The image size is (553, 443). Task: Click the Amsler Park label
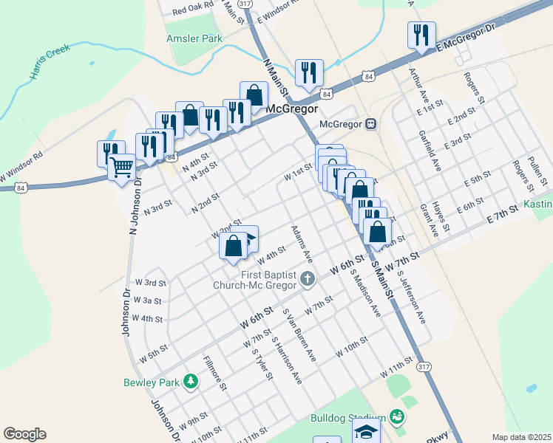point(194,38)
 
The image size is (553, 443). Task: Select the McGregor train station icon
point(371,124)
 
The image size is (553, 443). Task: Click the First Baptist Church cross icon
point(308,278)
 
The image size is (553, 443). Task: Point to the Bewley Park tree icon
point(191,381)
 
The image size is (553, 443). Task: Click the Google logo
point(24,434)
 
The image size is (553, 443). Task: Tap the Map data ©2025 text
point(521,437)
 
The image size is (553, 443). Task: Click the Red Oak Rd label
point(192,10)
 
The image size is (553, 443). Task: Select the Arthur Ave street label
point(419,85)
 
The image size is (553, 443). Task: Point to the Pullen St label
point(537,171)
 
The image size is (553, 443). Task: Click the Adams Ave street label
point(302,244)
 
